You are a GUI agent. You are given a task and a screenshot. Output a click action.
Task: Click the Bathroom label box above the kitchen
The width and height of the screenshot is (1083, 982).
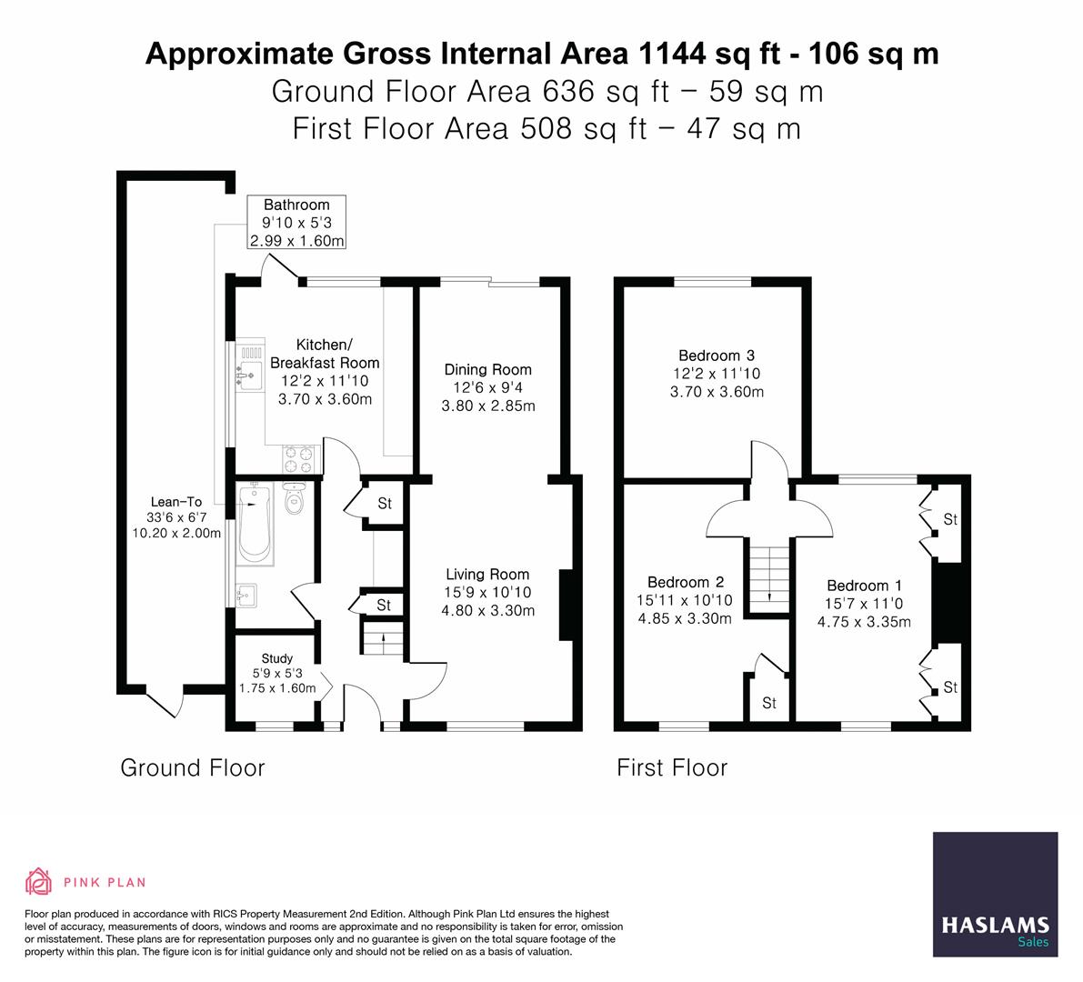tap(296, 223)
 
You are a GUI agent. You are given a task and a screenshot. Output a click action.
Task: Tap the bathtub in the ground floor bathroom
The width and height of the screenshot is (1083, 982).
tap(253, 522)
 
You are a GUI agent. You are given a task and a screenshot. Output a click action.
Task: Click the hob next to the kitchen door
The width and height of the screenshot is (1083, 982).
tap(303, 458)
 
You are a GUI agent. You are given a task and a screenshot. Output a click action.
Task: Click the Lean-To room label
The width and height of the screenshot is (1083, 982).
tap(176, 501)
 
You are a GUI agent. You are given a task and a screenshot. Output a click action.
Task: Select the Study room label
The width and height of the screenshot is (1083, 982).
tap(276, 658)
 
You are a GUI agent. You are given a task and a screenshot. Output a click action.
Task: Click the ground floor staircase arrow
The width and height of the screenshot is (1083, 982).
tap(382, 636)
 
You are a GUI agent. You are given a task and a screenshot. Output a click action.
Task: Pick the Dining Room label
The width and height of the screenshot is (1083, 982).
tap(487, 369)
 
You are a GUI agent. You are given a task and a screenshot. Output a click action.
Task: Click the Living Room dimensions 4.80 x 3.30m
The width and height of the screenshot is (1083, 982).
tap(487, 610)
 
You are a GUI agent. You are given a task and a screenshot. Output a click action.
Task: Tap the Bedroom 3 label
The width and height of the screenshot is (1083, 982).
tap(717, 356)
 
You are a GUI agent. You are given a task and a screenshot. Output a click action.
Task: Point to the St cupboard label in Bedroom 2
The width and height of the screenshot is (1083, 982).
tap(769, 703)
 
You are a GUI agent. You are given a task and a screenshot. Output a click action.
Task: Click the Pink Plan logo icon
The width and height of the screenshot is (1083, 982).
tap(39, 881)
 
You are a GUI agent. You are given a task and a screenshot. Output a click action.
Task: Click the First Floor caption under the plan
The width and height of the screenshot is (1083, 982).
tap(672, 768)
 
